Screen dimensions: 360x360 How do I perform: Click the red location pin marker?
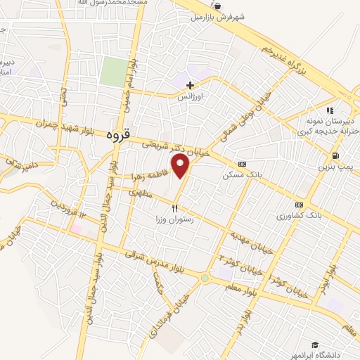point(181,166)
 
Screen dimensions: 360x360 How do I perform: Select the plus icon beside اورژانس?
point(190,84)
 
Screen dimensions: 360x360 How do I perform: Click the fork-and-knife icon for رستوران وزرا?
point(175,208)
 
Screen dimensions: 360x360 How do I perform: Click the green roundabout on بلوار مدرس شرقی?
point(205,278)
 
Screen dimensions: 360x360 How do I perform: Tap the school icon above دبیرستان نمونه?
point(328,110)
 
